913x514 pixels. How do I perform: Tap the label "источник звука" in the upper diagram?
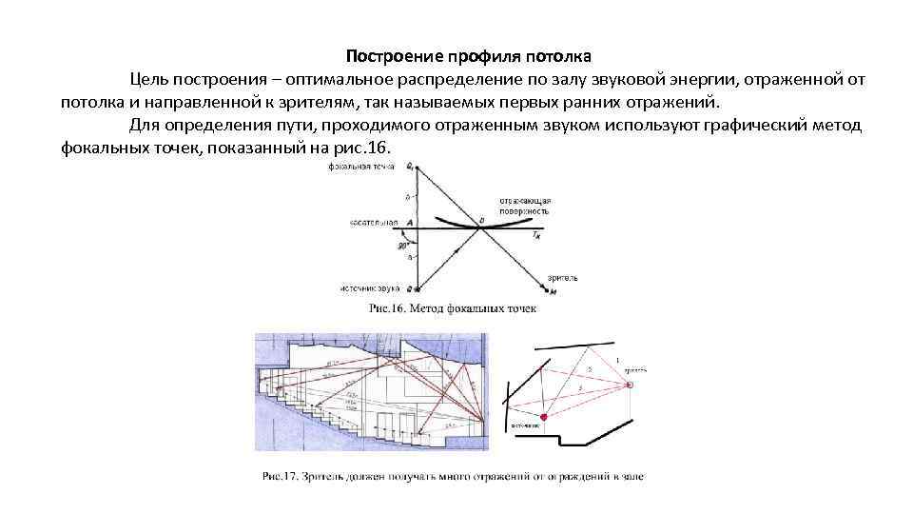(x=369, y=287)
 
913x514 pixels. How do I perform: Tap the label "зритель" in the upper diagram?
(x=561, y=278)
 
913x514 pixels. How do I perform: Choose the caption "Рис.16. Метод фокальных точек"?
(x=452, y=308)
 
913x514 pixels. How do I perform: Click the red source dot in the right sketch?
(x=544, y=417)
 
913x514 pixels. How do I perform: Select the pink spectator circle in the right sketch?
(x=629, y=384)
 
